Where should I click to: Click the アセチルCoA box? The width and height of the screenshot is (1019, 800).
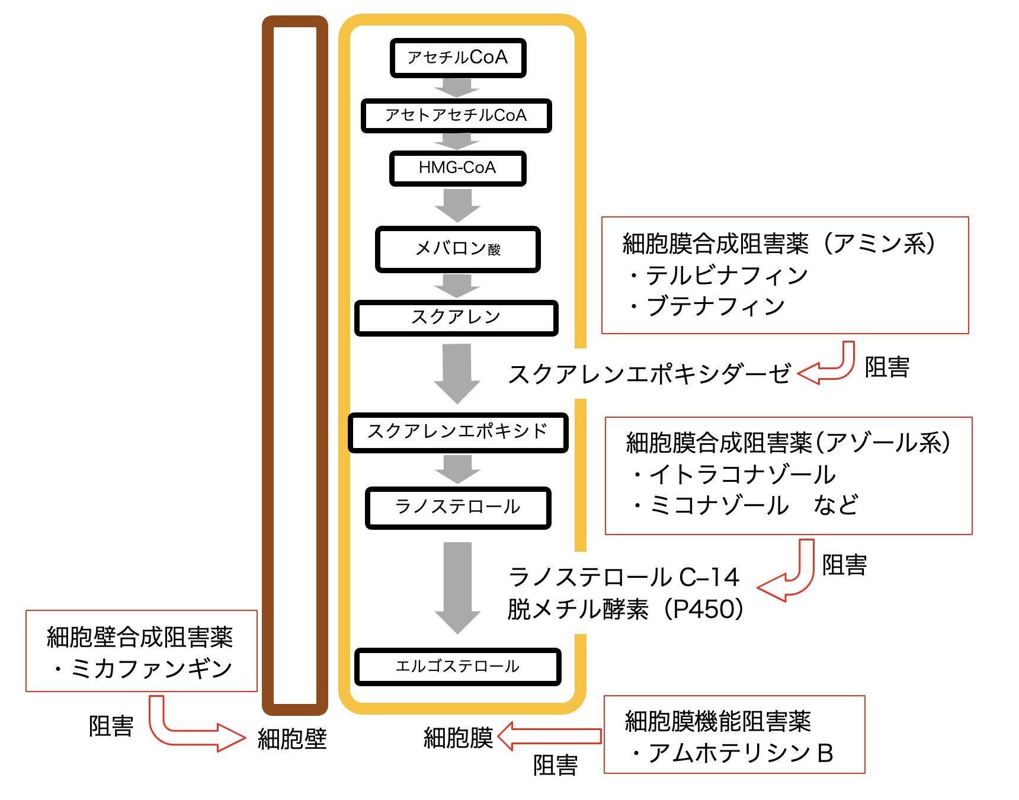coord(458,58)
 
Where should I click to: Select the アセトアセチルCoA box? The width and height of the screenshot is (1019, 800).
coord(456,116)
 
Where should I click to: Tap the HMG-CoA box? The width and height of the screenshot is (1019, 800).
coord(457,168)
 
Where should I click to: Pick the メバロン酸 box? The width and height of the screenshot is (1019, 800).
coord(457,249)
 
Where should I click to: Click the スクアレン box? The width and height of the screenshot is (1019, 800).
coord(456,318)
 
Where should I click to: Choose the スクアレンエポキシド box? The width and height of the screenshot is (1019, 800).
coord(457,432)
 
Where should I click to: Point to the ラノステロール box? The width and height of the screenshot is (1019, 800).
coord(458,507)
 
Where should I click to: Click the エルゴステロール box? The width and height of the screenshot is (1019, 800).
coord(457,667)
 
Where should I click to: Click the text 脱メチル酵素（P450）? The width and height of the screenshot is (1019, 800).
coord(626,609)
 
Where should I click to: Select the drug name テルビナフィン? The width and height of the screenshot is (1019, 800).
coord(726,276)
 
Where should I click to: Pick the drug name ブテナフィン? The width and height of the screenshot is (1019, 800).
coord(716,306)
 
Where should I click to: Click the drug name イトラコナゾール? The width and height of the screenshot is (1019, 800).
coord(742,475)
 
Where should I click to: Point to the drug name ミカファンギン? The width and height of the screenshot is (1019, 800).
coord(151,668)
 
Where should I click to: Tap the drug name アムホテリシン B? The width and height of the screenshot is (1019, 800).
coord(741,753)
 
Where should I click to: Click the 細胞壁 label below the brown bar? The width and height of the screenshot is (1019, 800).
coord(292,739)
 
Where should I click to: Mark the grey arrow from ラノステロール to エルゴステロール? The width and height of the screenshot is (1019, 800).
coord(457,587)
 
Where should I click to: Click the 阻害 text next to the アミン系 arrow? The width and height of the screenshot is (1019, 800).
coord(887,367)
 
